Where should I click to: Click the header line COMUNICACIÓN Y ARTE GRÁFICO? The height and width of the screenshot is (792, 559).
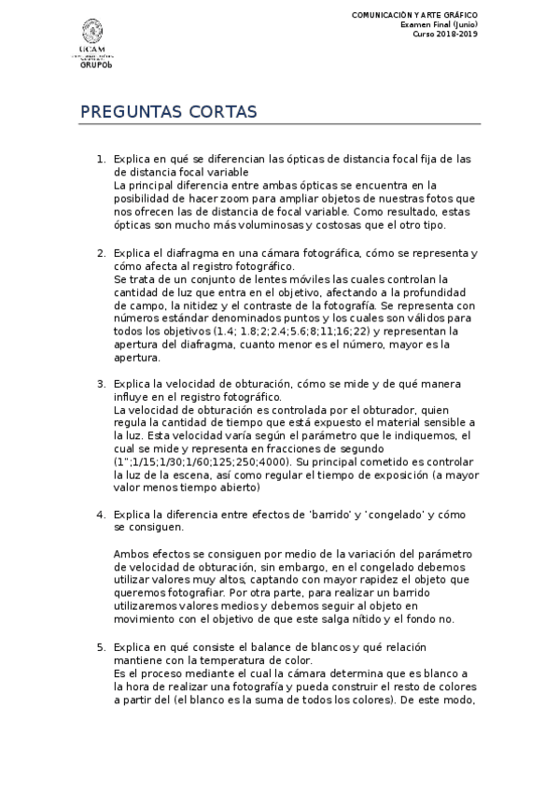click(x=413, y=16)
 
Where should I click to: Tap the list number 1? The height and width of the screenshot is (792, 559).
click(x=101, y=160)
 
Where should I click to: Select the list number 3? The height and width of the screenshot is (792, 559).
click(x=101, y=384)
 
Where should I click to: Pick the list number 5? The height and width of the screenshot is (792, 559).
click(x=101, y=647)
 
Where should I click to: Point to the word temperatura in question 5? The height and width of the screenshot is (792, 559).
click(x=203, y=660)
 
